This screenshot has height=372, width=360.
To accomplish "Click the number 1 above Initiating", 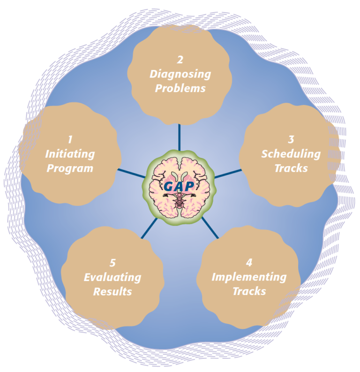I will point(70,139).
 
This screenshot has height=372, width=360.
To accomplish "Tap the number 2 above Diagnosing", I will point(180,60).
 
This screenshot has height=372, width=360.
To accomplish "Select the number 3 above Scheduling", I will point(291,139).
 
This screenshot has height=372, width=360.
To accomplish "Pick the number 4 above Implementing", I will point(249,263).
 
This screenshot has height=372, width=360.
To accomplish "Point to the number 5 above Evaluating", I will point(112,263).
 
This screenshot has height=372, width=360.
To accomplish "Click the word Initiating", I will point(70,154).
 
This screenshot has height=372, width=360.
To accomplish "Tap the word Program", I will point(70,168).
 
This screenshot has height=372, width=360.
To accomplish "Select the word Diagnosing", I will point(180,74).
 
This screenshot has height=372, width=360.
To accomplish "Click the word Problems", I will point(180,89).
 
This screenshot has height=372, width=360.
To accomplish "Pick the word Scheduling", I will point(291,154).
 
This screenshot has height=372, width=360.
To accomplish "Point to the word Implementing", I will point(249,277).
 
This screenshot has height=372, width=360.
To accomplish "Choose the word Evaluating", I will point(112,277).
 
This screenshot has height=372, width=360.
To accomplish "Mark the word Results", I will point(112,291).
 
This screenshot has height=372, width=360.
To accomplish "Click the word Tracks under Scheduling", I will point(291,168).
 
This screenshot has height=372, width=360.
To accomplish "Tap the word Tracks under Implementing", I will point(249,291).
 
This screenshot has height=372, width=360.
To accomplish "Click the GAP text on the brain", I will point(179,186).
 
